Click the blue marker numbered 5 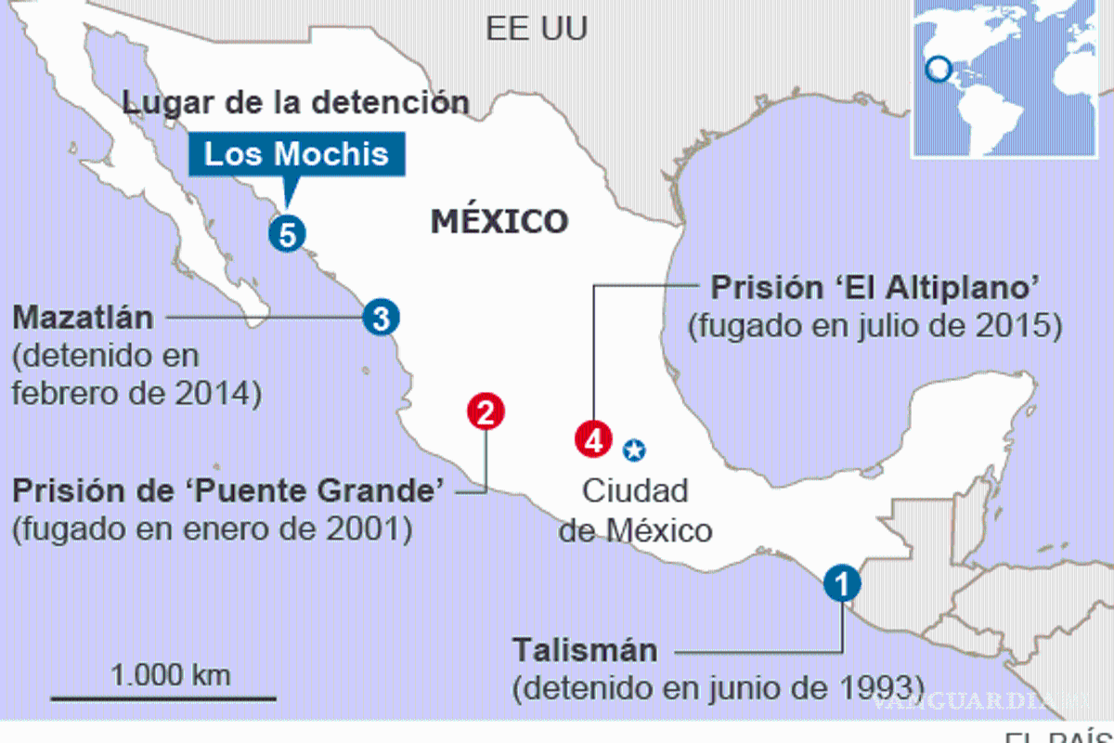[x=288, y=234]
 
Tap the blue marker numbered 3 [x=381, y=318]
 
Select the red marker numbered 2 [x=486, y=411]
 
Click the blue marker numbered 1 [x=842, y=583]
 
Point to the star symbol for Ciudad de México [x=634, y=450]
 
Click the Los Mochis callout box [x=296, y=153]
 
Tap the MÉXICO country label [x=499, y=221]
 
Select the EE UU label [x=537, y=29]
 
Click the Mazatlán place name [x=83, y=318]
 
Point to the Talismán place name [x=585, y=649]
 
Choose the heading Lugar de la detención [x=295, y=102]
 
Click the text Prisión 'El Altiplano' [x=874, y=288]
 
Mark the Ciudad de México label [x=635, y=510]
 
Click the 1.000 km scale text [x=171, y=674]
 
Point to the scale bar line [x=163, y=697]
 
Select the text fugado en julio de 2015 [x=874, y=327]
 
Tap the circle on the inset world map [x=939, y=69]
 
